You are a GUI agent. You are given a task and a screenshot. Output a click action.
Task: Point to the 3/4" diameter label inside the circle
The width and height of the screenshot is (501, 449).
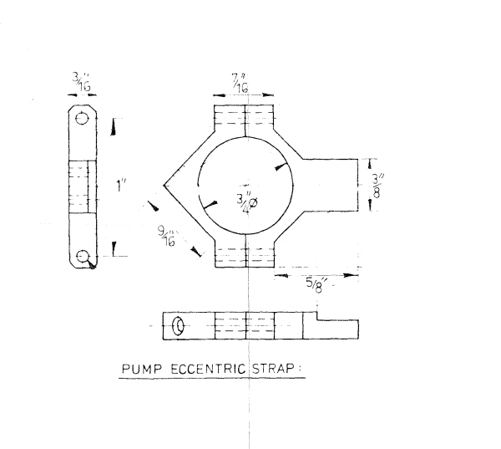[x=246, y=201]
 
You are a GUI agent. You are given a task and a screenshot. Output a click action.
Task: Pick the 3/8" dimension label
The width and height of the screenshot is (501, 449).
[x=380, y=186]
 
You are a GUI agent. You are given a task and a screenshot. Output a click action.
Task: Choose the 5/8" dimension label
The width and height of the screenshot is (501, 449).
[x=316, y=283]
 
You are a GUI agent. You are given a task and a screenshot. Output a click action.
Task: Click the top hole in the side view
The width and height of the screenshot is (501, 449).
[x=82, y=119]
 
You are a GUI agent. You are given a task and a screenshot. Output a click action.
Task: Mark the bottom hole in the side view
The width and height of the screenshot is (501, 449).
[x=82, y=256]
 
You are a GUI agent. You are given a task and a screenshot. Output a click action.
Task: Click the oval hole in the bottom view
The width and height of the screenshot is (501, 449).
[x=177, y=326]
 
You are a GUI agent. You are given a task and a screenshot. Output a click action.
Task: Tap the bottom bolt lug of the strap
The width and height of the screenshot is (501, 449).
[x=245, y=255]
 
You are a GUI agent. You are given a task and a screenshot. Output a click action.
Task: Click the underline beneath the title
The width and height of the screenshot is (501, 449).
[x=211, y=379]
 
